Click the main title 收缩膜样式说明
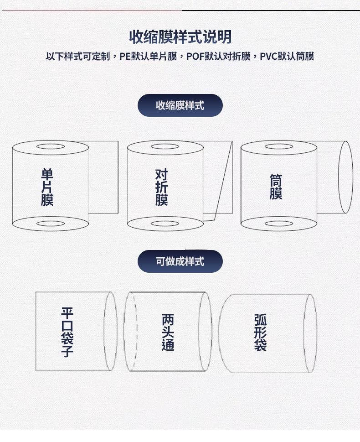180,37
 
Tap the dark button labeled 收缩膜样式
180,105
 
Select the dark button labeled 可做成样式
180,261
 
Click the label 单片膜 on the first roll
47,187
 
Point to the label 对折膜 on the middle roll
162,187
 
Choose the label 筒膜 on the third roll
276,187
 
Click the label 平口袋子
67,332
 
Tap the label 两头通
168,332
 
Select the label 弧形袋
260,332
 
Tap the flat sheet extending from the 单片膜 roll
103,177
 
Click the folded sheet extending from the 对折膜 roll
218,181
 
